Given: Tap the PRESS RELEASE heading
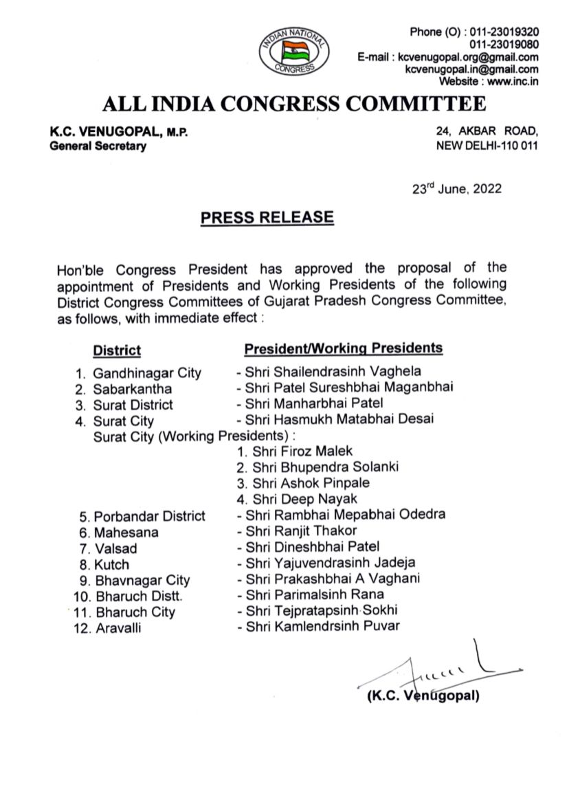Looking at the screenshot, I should pos(267,218).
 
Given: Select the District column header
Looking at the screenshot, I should pos(117,350).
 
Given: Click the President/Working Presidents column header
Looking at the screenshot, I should pos(344,348).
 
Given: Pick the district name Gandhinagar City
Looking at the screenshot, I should pos(147,373).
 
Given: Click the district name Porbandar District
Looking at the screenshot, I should pos(149,516).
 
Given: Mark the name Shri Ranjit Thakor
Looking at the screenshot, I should pos(301,531).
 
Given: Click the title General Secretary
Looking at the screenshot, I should pos(98,146).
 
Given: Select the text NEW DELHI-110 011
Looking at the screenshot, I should pos(487,146).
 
